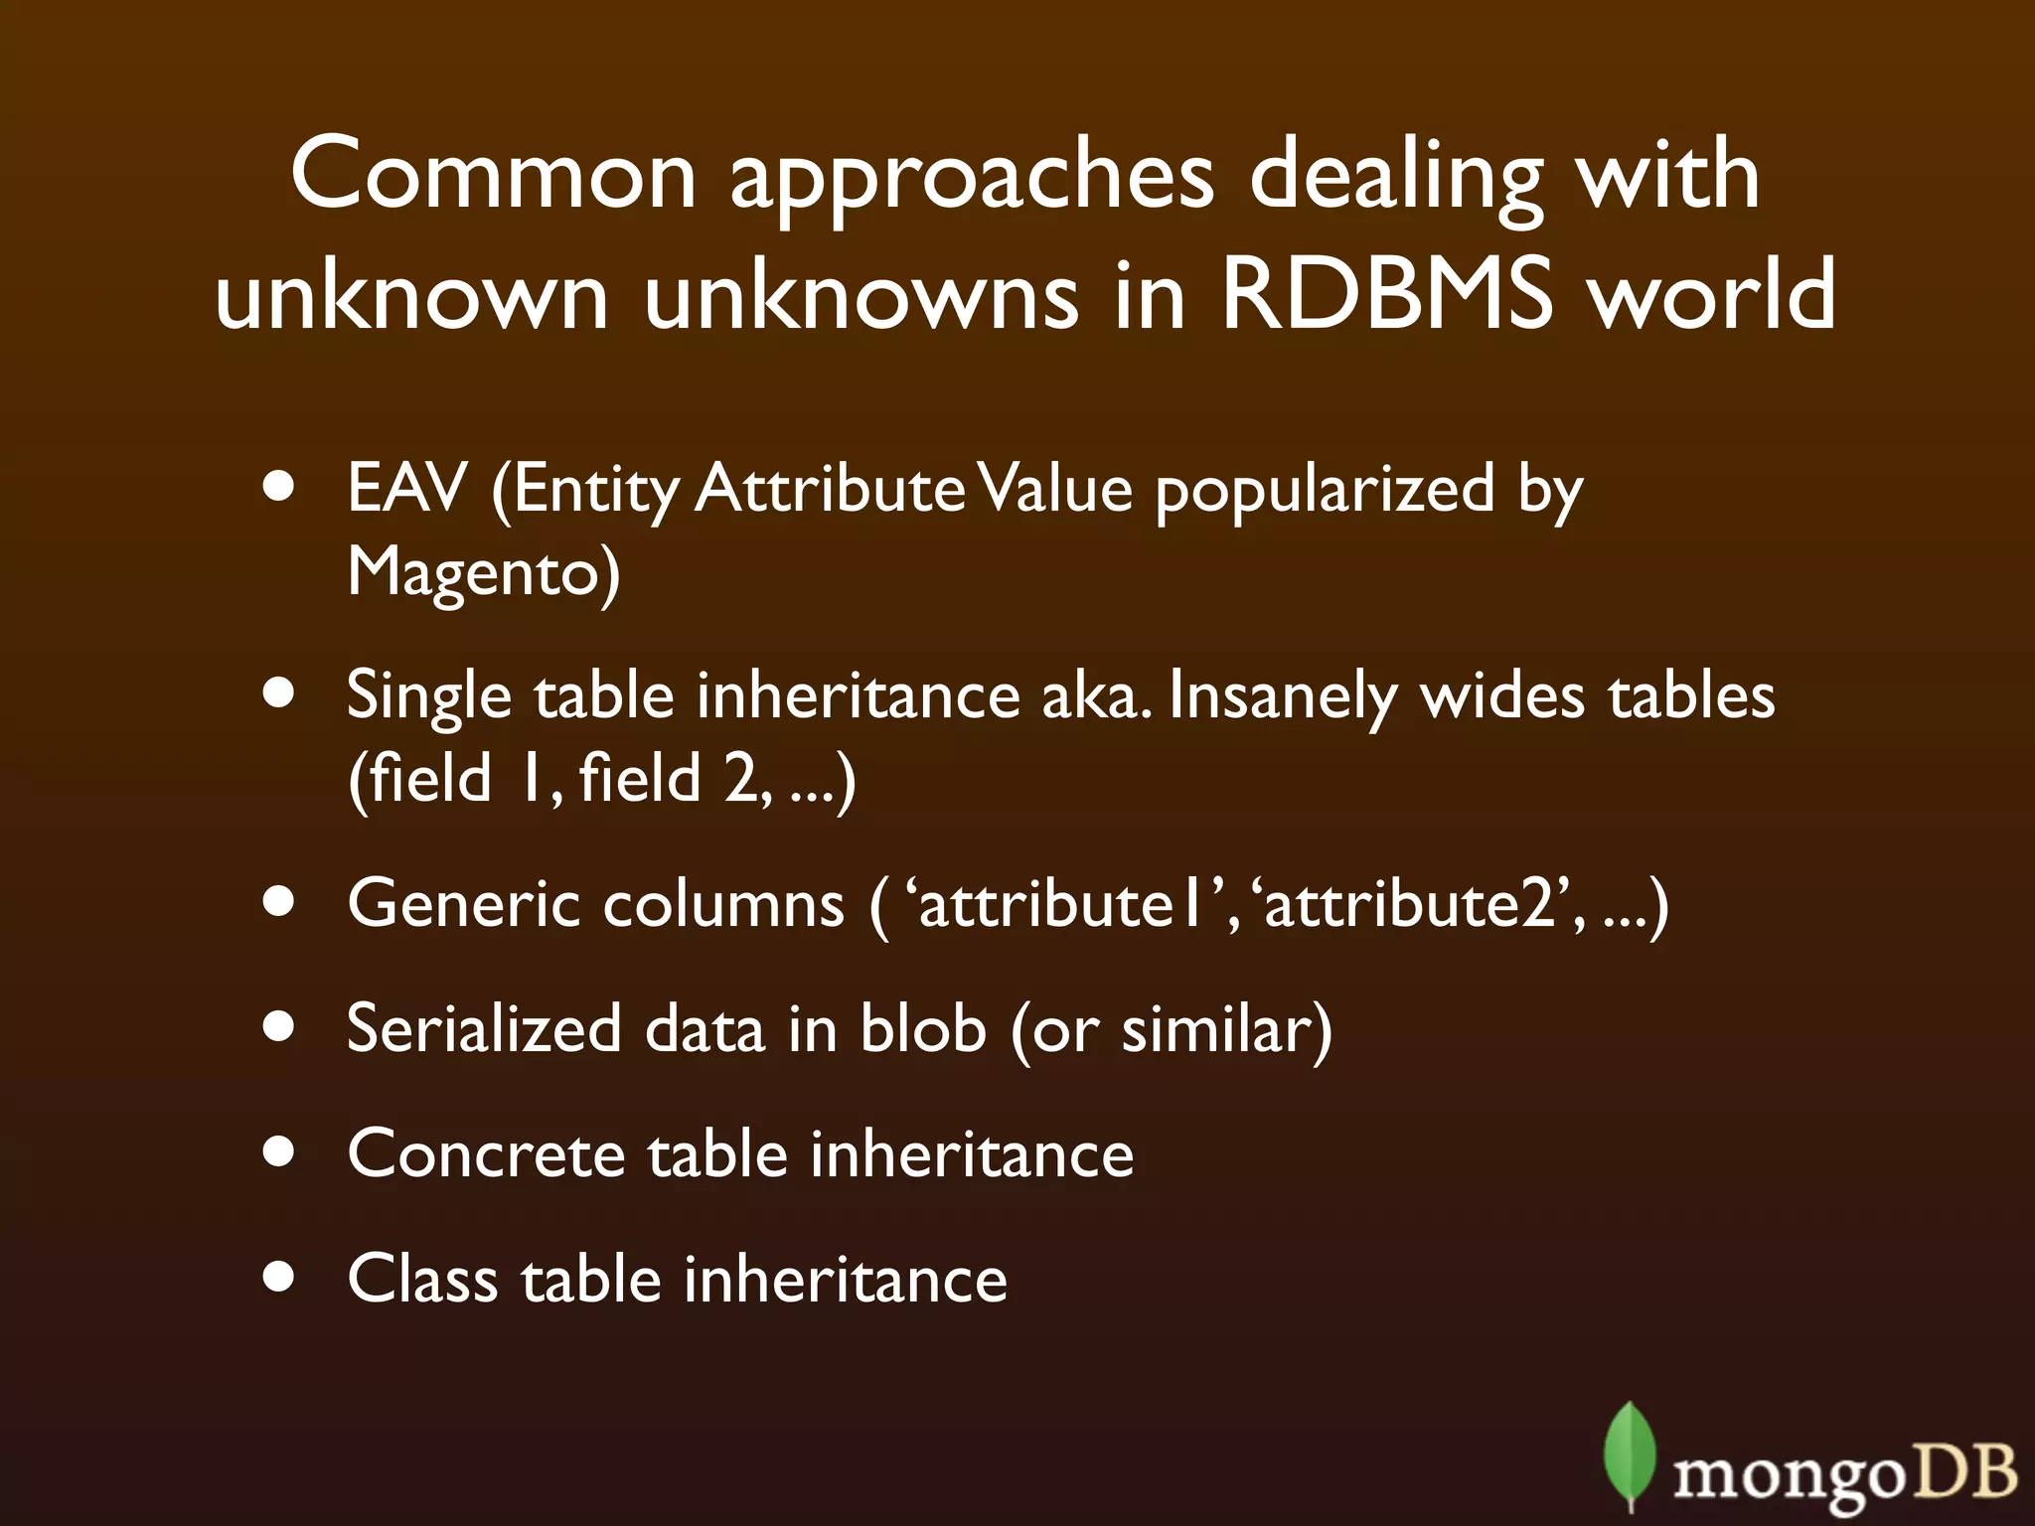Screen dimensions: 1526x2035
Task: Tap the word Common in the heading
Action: (494, 174)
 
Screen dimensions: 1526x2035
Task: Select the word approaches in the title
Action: (972, 179)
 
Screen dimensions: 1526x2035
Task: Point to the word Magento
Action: (483, 573)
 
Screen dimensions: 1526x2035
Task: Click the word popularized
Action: (1325, 491)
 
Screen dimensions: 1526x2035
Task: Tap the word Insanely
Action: (1283, 696)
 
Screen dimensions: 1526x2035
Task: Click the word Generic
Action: (463, 904)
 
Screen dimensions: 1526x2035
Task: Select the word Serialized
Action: (483, 1028)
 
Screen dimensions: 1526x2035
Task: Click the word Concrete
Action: (486, 1153)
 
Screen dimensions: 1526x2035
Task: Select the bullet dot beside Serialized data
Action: (280, 1027)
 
